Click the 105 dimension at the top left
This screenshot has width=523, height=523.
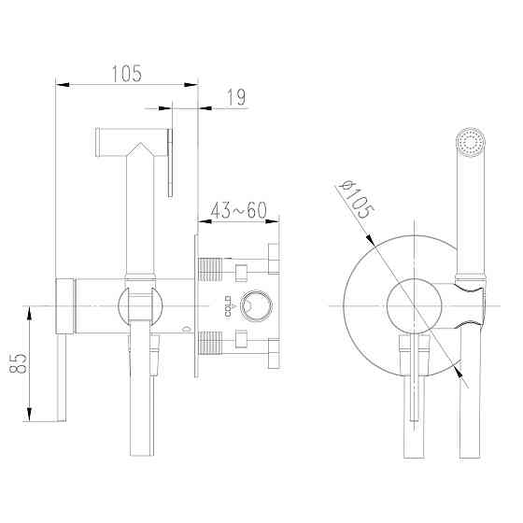(x=127, y=74)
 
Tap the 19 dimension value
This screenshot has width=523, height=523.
(x=236, y=97)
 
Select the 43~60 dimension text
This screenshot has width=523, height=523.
(x=239, y=210)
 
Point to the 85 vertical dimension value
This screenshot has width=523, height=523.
(x=19, y=363)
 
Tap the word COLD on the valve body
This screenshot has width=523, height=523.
(x=228, y=306)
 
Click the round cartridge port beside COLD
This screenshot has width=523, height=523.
(x=256, y=305)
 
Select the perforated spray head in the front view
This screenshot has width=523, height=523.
(x=471, y=142)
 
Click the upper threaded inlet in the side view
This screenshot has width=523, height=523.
(x=210, y=269)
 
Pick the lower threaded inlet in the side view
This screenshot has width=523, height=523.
(x=210, y=343)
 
